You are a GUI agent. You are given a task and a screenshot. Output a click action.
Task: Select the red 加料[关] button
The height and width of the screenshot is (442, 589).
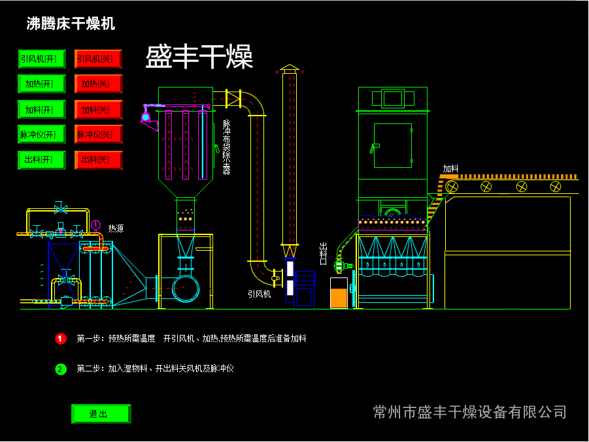[x=98, y=110]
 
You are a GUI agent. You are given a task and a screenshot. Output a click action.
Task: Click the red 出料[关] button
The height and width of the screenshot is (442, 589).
[x=98, y=160]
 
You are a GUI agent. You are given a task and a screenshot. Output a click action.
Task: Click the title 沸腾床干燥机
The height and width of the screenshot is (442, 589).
[x=71, y=24]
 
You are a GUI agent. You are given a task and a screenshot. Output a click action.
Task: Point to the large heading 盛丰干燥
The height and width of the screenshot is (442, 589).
[x=199, y=57]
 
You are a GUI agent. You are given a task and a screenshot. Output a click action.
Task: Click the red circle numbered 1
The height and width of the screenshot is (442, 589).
[x=61, y=339]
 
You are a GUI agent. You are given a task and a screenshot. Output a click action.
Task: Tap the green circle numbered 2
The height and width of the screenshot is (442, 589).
[x=61, y=369]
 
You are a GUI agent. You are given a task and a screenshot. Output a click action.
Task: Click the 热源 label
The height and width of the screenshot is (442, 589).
[x=116, y=229]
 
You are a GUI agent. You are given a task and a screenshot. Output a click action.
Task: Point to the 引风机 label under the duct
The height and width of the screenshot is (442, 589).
[x=259, y=294]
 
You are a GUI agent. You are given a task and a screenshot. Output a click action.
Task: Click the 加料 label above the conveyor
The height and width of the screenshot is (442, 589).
[x=450, y=168]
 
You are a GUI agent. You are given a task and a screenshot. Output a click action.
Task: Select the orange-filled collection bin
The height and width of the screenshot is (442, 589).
[x=339, y=293]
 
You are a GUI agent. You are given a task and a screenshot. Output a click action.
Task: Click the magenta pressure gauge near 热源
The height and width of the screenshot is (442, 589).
[x=96, y=225]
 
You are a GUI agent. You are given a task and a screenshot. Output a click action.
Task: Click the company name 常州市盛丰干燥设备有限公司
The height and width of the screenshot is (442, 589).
[x=469, y=412]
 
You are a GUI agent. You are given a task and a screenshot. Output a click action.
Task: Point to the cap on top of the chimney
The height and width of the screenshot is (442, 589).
[x=289, y=68]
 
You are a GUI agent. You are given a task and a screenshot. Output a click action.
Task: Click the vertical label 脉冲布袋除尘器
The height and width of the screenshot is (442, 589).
[x=227, y=146]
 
